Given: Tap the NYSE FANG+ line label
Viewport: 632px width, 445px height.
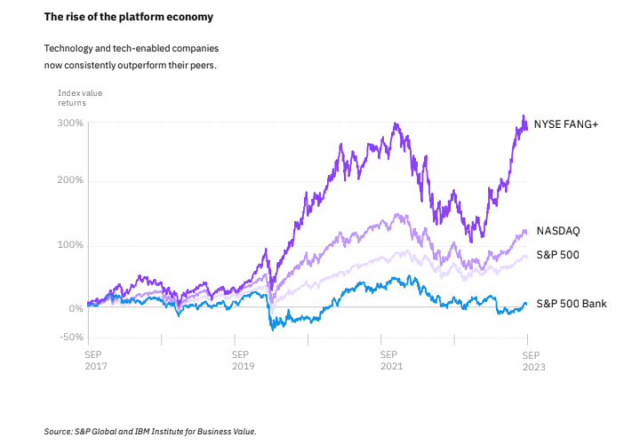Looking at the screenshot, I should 565,124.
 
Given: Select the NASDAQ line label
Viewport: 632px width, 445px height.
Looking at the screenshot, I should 558,231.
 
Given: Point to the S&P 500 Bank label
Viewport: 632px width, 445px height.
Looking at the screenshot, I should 572,304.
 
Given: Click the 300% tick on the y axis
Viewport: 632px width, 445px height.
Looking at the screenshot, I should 71,123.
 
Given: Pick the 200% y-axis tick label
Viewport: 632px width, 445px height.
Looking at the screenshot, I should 71,180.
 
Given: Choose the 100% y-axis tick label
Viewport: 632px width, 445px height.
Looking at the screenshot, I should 71,245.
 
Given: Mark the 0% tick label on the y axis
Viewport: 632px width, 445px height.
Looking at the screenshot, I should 76,308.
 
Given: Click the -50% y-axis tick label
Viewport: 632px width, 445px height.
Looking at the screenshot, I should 71,338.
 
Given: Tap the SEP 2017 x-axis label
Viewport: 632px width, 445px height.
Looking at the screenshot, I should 95,358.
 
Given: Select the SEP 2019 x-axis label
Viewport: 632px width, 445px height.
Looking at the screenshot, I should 244,358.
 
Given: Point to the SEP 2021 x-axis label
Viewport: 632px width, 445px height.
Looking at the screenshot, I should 391,358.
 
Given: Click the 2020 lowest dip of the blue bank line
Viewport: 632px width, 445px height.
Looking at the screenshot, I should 271,329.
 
